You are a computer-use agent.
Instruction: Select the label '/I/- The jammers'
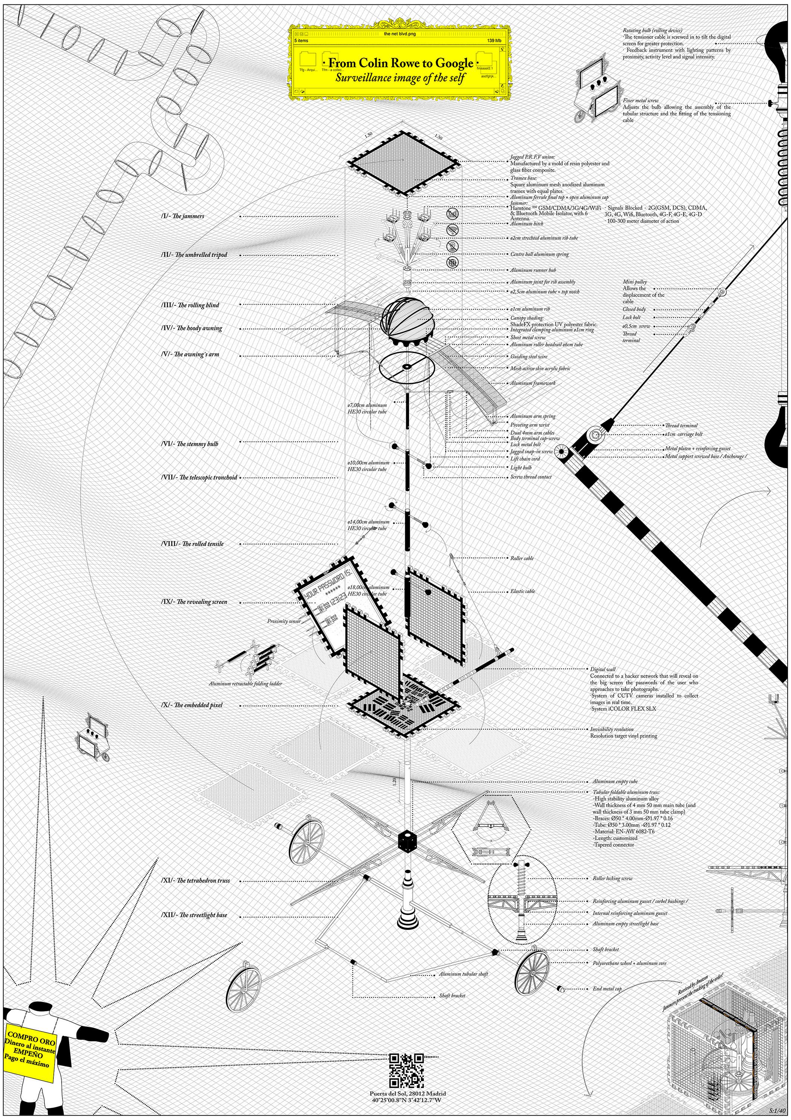click(183, 216)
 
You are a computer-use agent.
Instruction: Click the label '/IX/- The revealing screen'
click(194, 602)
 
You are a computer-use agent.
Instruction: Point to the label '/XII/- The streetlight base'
click(194, 915)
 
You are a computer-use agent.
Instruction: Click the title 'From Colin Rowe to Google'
click(401, 63)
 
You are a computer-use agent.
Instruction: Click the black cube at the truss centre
click(407, 841)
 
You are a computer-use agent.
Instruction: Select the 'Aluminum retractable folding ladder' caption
click(245, 684)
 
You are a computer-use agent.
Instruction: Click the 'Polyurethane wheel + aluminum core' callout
click(629, 964)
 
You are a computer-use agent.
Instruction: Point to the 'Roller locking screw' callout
click(612, 878)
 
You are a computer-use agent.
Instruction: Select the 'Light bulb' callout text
click(521, 467)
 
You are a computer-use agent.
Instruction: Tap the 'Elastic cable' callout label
click(522, 591)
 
